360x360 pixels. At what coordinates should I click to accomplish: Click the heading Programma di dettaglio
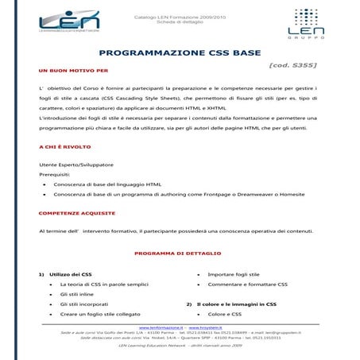[x=180, y=253]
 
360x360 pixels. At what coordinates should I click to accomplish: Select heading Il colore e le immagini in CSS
[x=236, y=304]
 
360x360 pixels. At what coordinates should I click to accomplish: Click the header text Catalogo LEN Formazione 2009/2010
[x=179, y=14]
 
